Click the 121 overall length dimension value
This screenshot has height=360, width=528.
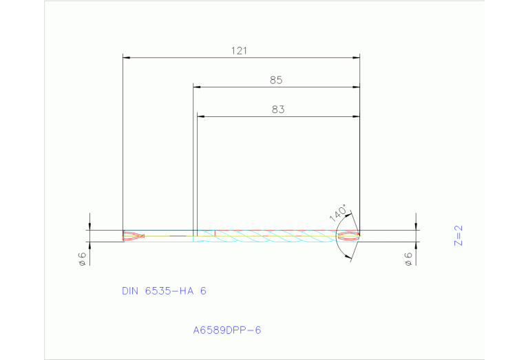(x=240, y=50)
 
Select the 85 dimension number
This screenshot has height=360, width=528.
(x=276, y=80)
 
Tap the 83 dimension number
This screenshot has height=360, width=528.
(x=277, y=109)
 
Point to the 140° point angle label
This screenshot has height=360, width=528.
(x=338, y=213)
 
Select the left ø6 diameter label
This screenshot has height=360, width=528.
(x=81, y=258)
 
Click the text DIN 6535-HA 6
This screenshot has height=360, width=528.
(x=164, y=291)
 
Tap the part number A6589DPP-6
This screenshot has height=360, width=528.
(x=226, y=330)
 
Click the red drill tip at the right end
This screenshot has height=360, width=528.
(x=349, y=236)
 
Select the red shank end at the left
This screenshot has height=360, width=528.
(x=133, y=236)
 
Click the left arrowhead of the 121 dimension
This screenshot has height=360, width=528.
(x=126, y=58)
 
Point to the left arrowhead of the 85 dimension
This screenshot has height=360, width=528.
(x=197, y=87)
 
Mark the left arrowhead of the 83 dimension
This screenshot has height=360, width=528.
(x=201, y=116)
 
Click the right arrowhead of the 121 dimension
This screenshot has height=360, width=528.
(x=356, y=58)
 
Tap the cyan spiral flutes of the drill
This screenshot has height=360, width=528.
(x=275, y=236)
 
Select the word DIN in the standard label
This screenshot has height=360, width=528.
(x=130, y=291)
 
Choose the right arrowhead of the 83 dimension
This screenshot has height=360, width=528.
(x=356, y=116)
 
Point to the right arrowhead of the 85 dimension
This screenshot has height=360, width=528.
(x=356, y=87)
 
